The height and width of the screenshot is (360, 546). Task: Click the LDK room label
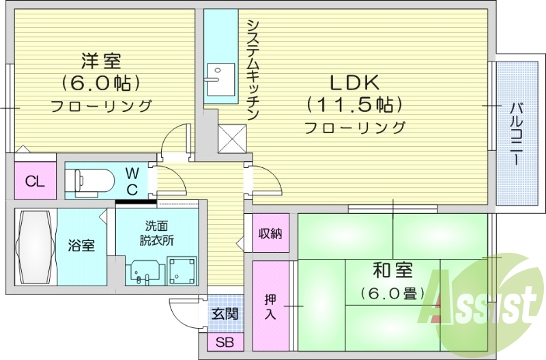tap(354, 83)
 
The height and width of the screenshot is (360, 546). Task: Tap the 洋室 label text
tap(100, 61)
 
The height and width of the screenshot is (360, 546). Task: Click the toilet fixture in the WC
tap(93, 181)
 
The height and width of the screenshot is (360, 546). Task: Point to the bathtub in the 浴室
tap(35, 246)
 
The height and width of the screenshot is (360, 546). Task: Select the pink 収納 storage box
tap(270, 233)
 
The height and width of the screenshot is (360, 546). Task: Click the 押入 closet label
tap(270, 306)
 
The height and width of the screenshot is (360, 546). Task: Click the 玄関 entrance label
tap(224, 314)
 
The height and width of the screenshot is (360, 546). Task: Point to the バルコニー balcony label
tap(516, 133)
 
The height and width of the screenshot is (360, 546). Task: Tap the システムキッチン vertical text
tap(252, 68)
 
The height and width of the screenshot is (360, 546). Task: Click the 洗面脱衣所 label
tap(156, 233)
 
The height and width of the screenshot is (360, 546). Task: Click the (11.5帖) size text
tap(354, 105)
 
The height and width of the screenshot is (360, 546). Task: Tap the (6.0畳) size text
tap(393, 293)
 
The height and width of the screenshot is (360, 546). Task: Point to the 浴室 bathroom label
tap(81, 246)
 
